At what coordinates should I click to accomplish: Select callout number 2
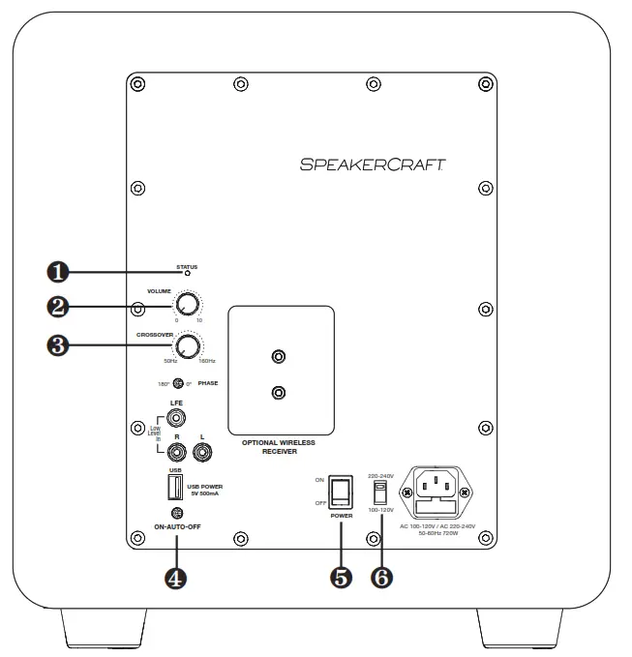coord(59,307)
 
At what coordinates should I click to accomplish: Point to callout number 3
coord(59,346)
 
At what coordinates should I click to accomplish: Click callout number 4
coord(176,578)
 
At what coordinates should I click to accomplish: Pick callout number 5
coord(341,577)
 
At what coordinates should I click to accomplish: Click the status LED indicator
coord(187,274)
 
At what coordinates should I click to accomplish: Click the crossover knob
coord(189,346)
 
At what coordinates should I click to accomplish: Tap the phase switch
coord(178,384)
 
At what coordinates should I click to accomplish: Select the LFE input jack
coord(177,419)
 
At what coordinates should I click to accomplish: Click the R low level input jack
coord(177,449)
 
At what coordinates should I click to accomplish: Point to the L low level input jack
coord(203,449)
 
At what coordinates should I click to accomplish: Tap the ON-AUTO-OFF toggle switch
coord(176,513)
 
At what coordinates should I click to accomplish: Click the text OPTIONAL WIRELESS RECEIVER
coord(281,446)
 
